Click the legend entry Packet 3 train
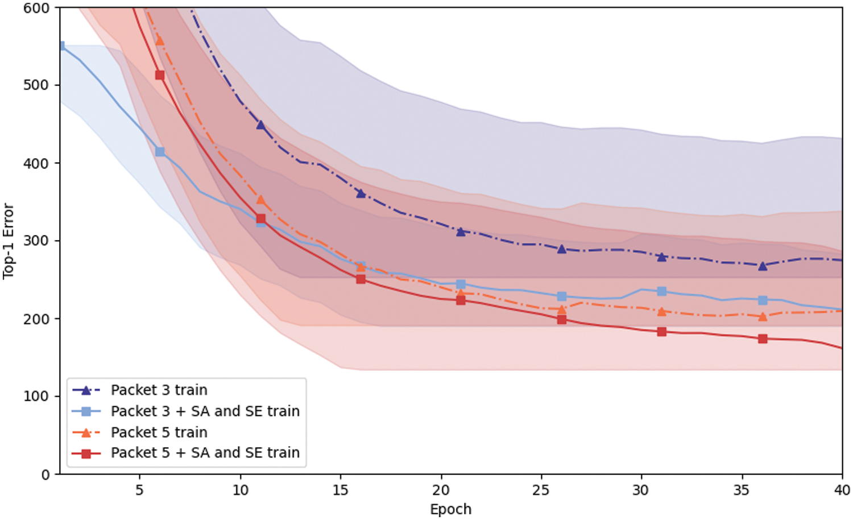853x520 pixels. (159, 390)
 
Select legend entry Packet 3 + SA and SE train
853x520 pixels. (205, 411)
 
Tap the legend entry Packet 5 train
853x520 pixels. (159, 432)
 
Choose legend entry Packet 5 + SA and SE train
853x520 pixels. (205, 453)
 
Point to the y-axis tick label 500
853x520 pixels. (36, 85)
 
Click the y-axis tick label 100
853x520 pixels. (36, 397)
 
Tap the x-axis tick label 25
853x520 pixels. (541, 490)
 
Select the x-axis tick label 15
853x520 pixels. (340, 490)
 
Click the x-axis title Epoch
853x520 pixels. (450, 509)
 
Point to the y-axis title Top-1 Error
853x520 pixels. (9, 241)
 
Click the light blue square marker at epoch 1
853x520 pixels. (61, 46)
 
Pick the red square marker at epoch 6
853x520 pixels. (160, 75)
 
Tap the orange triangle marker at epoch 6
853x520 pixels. (160, 40)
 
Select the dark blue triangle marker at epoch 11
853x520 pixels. (260, 125)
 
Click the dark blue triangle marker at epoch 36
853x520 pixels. (763, 266)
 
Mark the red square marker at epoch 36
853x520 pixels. (763, 339)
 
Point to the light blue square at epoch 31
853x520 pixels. (661, 291)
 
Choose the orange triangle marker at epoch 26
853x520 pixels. (561, 310)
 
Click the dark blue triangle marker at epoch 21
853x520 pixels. (461, 232)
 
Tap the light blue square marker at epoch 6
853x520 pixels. (160, 152)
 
